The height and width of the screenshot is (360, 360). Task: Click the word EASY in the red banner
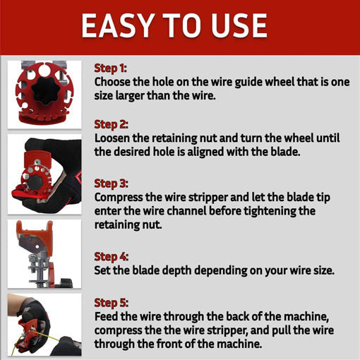click(x=116, y=25)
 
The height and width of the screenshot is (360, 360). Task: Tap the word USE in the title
click(x=239, y=25)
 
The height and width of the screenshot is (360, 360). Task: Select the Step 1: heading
click(x=110, y=68)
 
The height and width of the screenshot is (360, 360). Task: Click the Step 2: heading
click(x=111, y=124)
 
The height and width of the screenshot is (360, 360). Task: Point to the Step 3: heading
click(x=111, y=184)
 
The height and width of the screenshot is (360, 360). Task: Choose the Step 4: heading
click(x=112, y=256)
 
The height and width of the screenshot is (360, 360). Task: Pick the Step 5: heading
click(x=112, y=303)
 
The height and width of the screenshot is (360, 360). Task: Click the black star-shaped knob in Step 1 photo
click(x=45, y=91)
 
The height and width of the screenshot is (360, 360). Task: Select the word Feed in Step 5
click(x=106, y=316)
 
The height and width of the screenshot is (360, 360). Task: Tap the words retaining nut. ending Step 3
click(x=128, y=224)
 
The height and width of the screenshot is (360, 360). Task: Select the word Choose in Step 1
click(x=112, y=82)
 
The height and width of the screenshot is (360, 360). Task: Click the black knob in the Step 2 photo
click(x=35, y=181)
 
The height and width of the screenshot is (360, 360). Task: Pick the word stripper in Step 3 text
click(x=208, y=198)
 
